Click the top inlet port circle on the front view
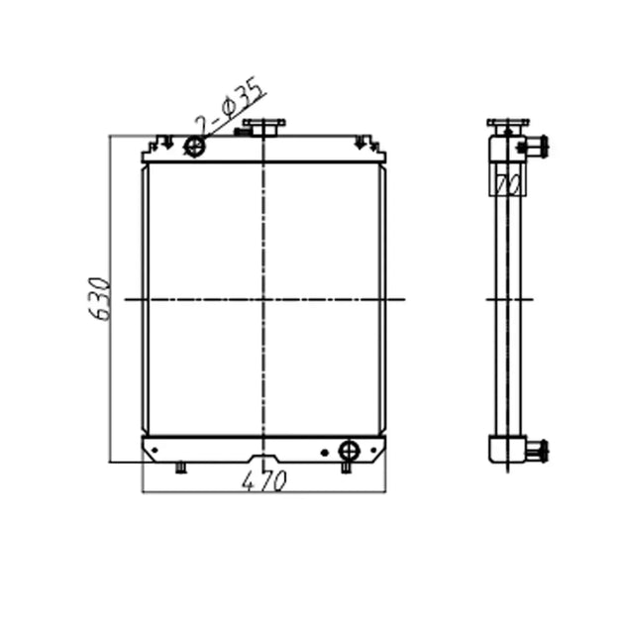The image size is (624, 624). click(195, 148)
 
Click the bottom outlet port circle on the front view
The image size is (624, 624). click(348, 451)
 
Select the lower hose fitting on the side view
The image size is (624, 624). click(535, 452)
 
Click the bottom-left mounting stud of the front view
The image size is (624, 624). click(180, 468)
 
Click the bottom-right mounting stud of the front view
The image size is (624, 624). click(347, 468)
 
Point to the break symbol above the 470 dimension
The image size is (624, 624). click(265, 467)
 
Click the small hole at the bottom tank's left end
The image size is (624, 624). click(154, 452)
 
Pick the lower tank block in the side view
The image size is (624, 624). click(508, 451)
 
